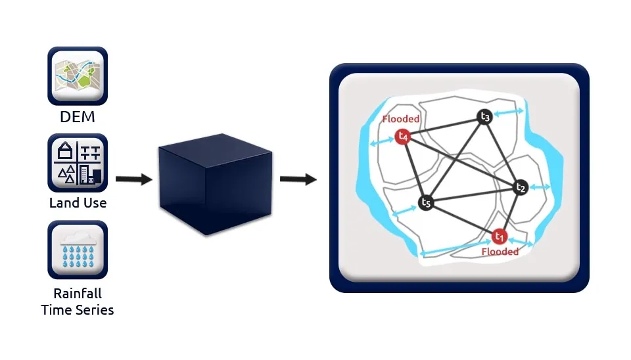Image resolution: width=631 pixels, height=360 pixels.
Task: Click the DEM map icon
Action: tap(78, 76)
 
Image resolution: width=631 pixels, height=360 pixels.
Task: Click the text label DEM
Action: tap(78, 117)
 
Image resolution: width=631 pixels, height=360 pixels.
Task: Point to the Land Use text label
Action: tap(78, 203)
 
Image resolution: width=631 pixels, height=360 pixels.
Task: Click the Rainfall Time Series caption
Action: tap(78, 301)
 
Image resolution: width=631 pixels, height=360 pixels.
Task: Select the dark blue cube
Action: tap(214, 183)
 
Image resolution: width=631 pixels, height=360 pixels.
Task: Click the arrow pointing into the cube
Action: tap(133, 179)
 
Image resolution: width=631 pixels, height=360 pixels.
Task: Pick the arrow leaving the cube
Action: tap(298, 179)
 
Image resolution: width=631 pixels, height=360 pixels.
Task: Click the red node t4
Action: tap(403, 137)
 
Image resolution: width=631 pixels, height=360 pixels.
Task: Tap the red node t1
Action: tap(499, 236)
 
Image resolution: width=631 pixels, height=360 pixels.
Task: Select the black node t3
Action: tap(485, 117)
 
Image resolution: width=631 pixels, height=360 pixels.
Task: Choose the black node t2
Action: tap(521, 188)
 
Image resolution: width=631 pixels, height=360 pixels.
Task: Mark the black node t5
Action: tap(426, 202)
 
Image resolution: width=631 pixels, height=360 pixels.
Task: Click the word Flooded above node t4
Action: tap(401, 120)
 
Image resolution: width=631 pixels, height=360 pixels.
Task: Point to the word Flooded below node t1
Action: tap(500, 252)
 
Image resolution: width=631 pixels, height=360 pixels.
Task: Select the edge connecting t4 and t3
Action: tap(444, 127)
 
